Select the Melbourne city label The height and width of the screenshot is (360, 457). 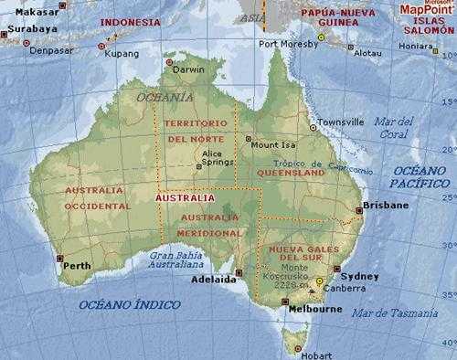pyautogui.click(x=314, y=310)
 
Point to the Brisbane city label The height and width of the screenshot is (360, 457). pyautogui.click(x=386, y=206)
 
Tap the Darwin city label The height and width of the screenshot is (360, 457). pyautogui.click(x=189, y=69)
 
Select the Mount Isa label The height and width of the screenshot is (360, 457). pyautogui.click(x=271, y=144)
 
